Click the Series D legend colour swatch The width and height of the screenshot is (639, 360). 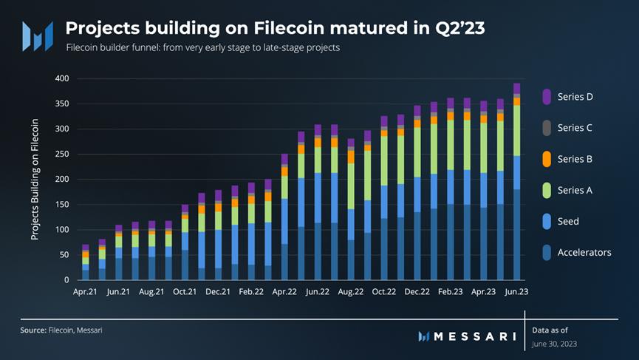tap(547, 96)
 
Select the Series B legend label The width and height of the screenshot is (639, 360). tap(575, 159)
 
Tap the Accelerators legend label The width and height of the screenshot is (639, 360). tap(584, 252)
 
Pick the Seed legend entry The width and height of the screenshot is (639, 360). tap(568, 221)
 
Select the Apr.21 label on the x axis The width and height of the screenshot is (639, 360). tap(86, 293)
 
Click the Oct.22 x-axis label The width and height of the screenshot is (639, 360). tap(384, 293)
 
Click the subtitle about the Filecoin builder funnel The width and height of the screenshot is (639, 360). tap(203, 47)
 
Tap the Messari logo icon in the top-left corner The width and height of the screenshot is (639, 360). tap(37, 35)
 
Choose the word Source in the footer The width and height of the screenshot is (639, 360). tap(33, 330)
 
